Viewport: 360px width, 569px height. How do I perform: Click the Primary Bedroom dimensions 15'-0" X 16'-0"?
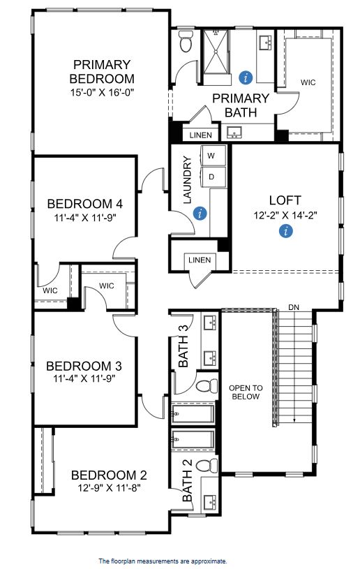[x=103, y=92]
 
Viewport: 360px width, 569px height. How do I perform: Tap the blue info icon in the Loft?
[x=286, y=230]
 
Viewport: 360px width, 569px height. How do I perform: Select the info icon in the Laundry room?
[x=200, y=213]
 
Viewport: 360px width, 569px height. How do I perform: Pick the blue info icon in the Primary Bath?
[x=246, y=77]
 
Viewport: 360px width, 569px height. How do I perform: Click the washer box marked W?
[x=213, y=156]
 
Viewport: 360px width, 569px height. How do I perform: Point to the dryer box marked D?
[x=213, y=177]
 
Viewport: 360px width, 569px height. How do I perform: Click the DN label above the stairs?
[x=294, y=307]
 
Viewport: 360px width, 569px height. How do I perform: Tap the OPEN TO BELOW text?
[x=246, y=392]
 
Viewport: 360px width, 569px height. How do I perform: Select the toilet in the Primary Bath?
[x=186, y=41]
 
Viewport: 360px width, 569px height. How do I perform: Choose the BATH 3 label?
[x=183, y=346]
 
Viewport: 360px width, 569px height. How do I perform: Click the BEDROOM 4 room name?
[x=85, y=204]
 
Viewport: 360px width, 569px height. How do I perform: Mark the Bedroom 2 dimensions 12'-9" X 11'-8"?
[x=109, y=488]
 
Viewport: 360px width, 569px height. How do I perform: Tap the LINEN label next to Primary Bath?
[x=200, y=135]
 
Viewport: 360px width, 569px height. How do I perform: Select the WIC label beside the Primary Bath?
[x=308, y=82]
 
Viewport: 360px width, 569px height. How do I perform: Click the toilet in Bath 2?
[x=207, y=465]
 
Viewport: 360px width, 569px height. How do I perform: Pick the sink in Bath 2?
[x=211, y=503]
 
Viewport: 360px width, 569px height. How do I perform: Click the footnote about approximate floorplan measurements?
[x=163, y=561]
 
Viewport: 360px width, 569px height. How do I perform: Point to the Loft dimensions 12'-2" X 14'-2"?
[x=285, y=215]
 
